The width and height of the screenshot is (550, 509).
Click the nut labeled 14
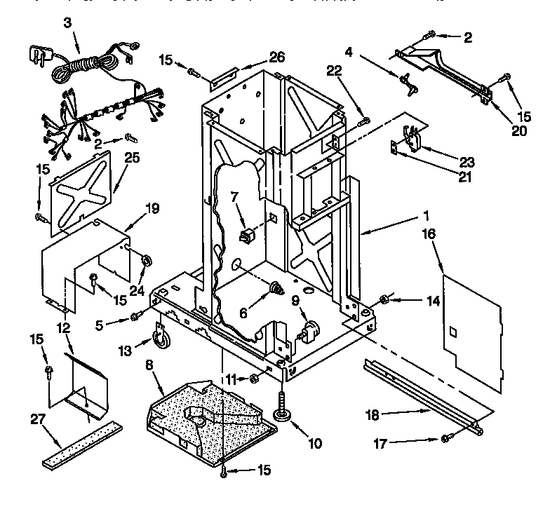[384, 301]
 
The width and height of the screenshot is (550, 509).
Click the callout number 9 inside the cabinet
[295, 299]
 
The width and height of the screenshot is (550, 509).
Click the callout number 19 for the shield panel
[152, 208]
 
